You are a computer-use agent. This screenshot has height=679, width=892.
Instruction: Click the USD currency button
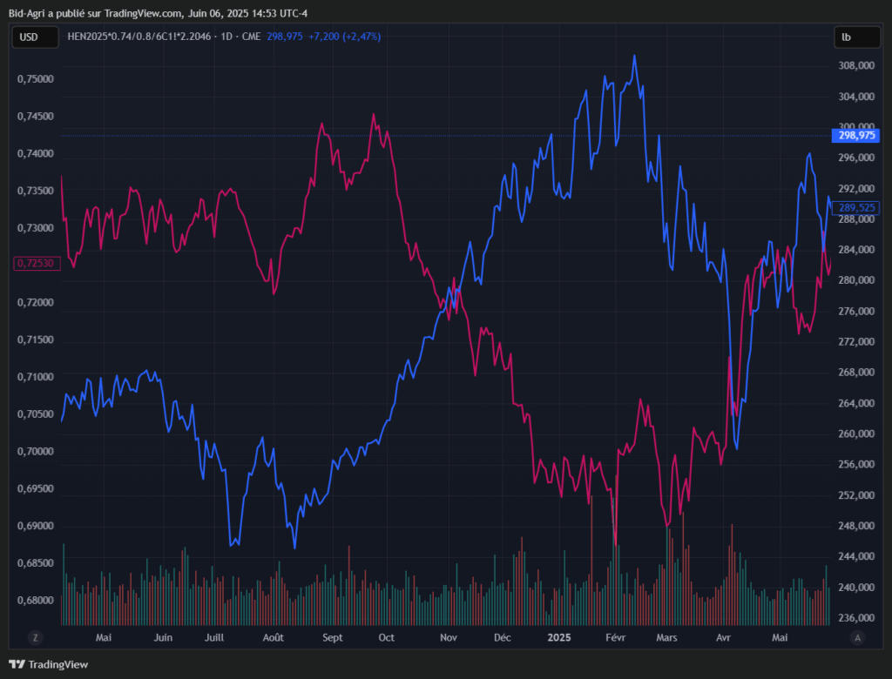point(30,37)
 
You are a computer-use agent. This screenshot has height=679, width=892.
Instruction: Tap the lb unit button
point(847,37)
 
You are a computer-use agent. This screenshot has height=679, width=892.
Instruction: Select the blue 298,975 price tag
point(856,136)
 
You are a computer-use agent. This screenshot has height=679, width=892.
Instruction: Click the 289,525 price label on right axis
point(856,207)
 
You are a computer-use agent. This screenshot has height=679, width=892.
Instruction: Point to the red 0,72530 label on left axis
point(36,263)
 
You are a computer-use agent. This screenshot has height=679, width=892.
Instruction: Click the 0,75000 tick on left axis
point(36,79)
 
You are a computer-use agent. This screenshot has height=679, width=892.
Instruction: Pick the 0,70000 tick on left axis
point(36,452)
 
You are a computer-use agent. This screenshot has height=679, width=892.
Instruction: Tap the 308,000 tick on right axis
point(856,65)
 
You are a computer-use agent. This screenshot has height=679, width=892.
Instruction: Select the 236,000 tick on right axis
point(856,618)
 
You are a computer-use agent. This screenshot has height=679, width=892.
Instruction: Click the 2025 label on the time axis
point(558,638)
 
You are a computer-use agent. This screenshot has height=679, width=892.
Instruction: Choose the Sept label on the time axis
point(332,638)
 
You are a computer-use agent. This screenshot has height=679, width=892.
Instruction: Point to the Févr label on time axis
point(615,638)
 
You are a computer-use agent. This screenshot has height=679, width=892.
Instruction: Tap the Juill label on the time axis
point(215,638)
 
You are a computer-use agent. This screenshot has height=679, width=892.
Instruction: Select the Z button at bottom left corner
point(36,637)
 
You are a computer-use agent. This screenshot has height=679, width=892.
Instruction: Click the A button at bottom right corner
point(858,637)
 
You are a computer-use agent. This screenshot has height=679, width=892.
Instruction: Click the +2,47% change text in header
point(361,37)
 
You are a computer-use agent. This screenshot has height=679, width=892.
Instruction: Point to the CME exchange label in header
point(249,37)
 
